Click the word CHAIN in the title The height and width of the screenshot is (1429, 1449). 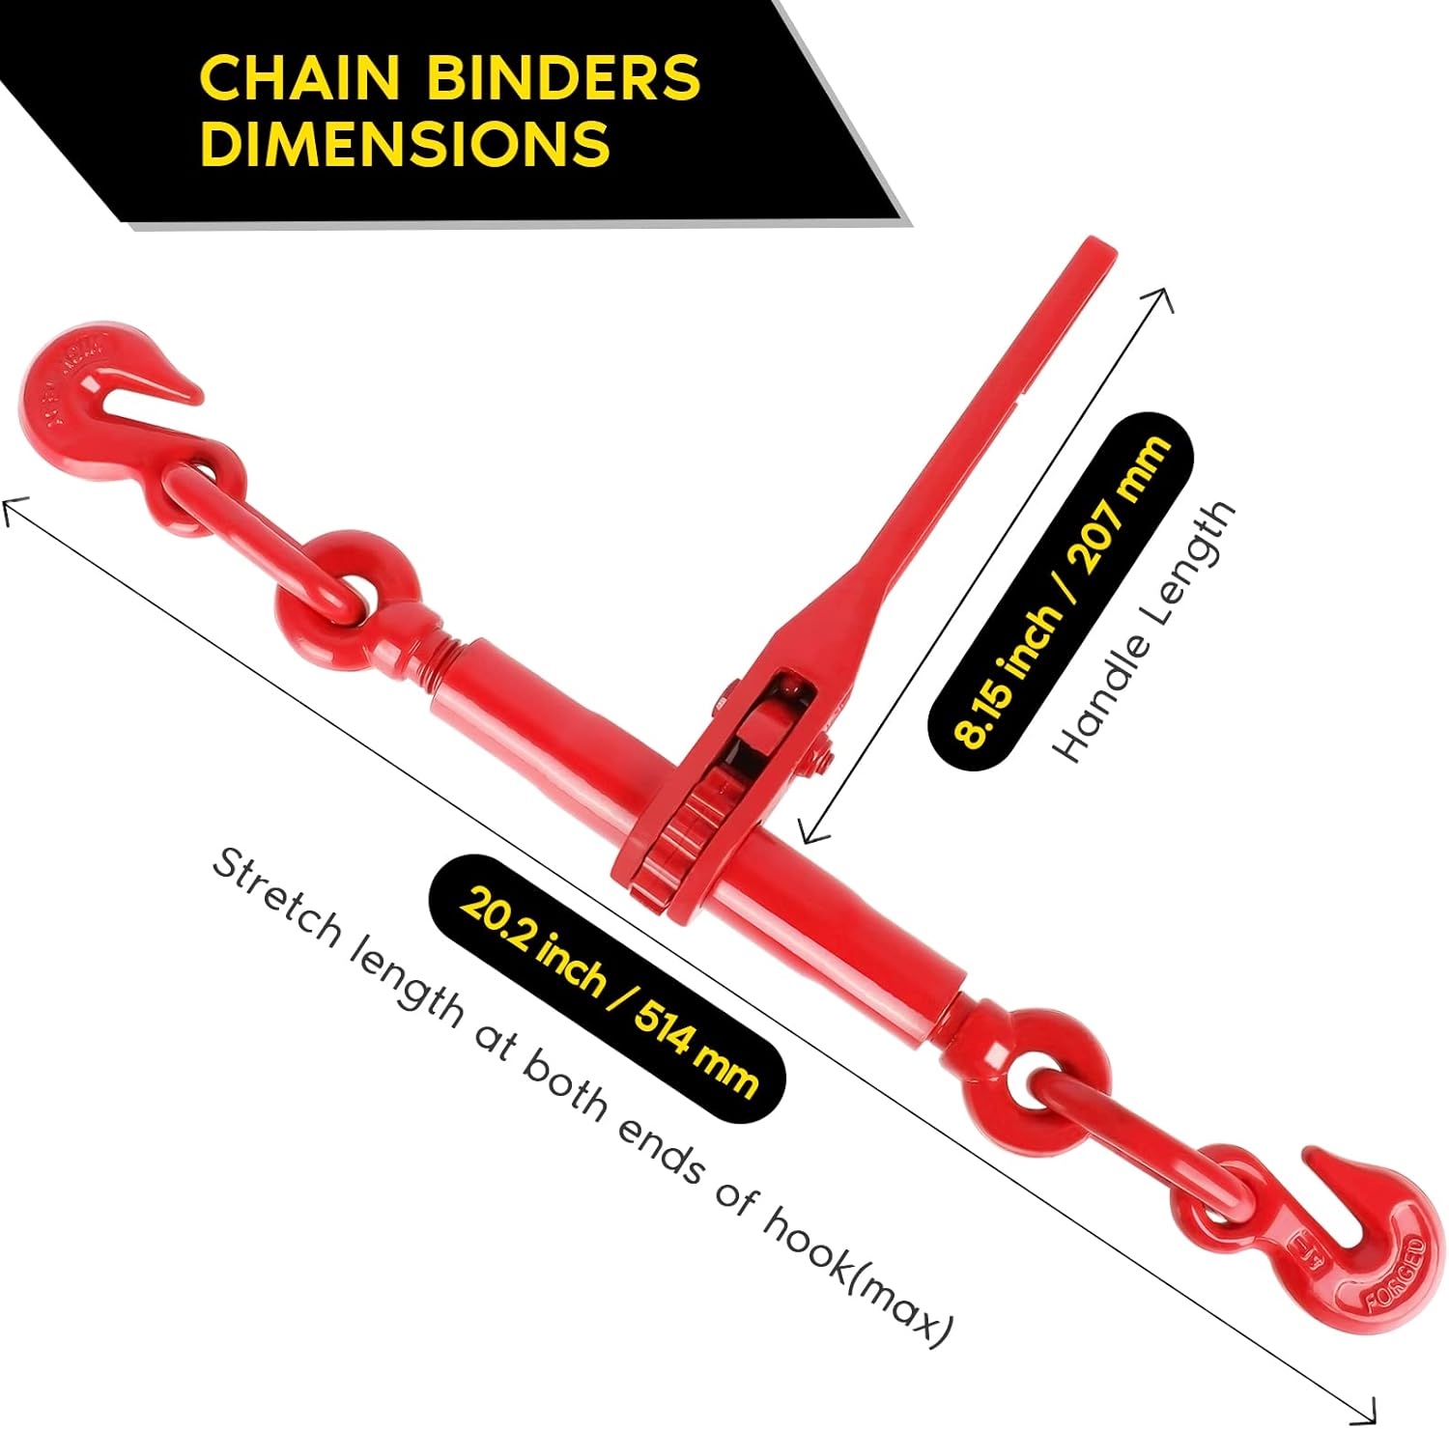[x=298, y=77]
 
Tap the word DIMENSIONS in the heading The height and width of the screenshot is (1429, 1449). [x=405, y=143]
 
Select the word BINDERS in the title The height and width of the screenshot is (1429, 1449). [x=562, y=77]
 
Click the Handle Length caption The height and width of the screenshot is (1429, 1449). [x=1145, y=632]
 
